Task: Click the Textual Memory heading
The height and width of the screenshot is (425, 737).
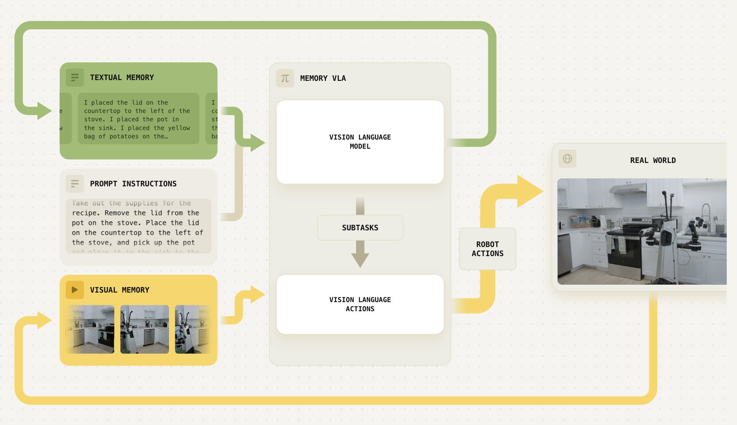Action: coord(122,78)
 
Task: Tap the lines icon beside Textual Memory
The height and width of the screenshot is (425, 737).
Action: coord(75,78)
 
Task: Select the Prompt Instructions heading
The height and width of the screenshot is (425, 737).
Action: coord(133,184)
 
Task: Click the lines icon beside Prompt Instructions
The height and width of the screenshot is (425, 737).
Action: coord(75,184)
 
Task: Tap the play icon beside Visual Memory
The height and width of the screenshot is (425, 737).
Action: coord(75,290)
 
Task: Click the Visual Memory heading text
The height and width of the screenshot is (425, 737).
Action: coord(119,290)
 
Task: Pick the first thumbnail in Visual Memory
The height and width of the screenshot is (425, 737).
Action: coord(90,329)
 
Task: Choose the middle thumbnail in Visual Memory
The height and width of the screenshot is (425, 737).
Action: coord(144,329)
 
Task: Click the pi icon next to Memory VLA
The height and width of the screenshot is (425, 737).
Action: coord(285,78)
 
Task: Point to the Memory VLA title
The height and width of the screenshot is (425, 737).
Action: coord(323,78)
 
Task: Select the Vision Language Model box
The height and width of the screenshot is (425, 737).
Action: coord(360,142)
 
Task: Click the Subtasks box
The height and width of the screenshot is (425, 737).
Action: coord(360,228)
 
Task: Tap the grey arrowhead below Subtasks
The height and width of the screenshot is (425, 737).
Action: coord(360,260)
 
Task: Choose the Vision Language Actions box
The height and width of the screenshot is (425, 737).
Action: coord(360,304)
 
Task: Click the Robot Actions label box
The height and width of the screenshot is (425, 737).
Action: coord(487,249)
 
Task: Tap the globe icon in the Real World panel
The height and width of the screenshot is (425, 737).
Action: coord(567,159)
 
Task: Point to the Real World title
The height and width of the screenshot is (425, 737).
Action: coord(653,161)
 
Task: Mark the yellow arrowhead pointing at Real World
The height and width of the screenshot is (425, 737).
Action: coord(530,191)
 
